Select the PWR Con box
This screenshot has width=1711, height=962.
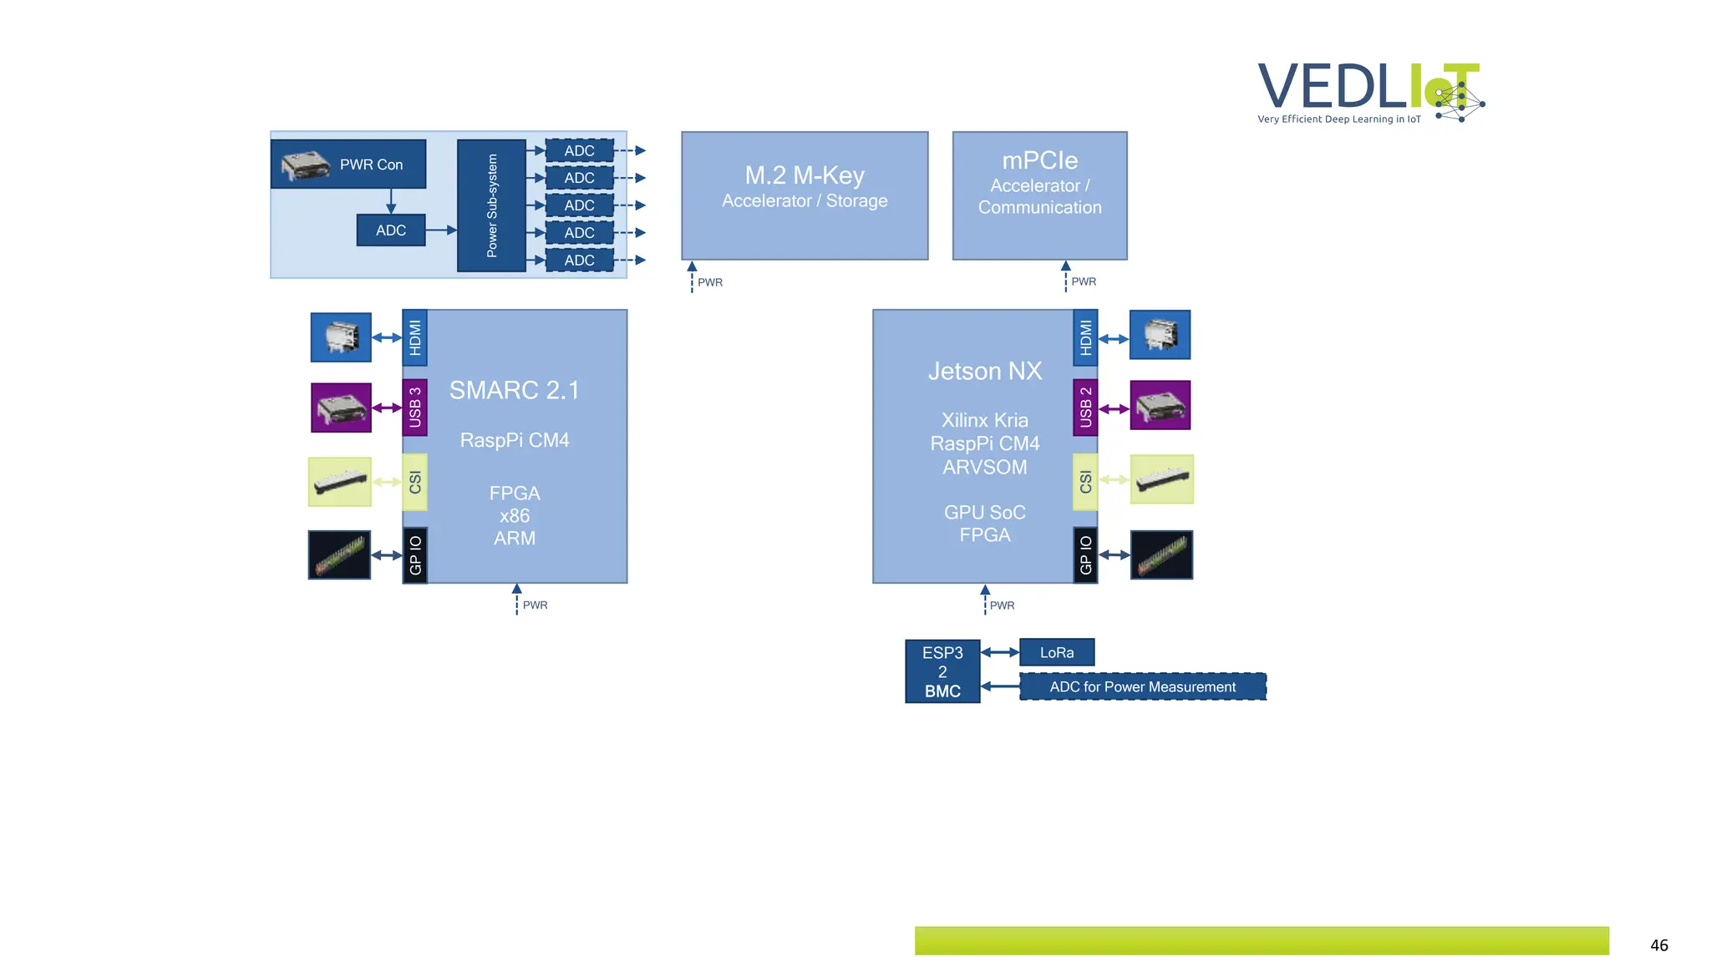pos(348,165)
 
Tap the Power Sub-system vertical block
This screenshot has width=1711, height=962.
pos(491,205)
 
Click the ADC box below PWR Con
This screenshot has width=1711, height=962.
pos(390,230)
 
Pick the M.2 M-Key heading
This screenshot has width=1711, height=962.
pos(804,175)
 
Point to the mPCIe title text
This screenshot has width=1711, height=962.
pos(1039,160)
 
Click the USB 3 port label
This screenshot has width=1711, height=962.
pos(415,408)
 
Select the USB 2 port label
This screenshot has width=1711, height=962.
pos(1085,408)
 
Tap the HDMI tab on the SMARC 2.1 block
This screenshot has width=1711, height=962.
pos(415,338)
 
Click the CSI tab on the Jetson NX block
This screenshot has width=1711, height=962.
pos(1085,482)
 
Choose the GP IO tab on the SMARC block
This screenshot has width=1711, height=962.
pos(415,555)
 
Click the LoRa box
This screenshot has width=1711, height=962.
pos(1057,652)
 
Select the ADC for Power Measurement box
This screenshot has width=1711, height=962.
pos(1142,686)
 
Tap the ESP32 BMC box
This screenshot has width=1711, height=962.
pos(942,671)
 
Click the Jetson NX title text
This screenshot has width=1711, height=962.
pos(985,371)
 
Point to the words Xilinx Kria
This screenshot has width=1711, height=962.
pos(985,420)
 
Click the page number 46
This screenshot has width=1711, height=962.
pos(1658,945)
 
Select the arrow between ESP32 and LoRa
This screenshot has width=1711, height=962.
pos(1000,652)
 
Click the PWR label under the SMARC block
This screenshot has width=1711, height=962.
pos(535,605)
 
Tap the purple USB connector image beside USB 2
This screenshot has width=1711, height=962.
pos(1160,406)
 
